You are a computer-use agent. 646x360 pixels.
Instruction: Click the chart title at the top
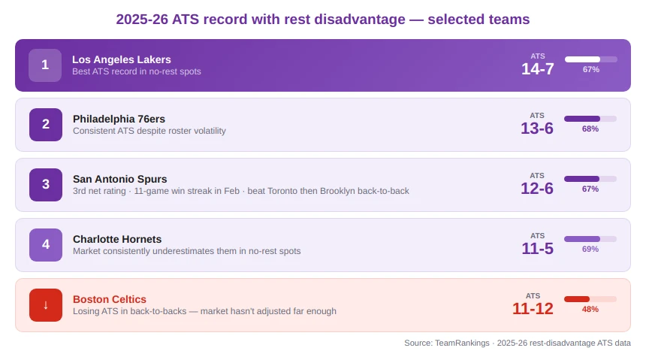(x=322, y=20)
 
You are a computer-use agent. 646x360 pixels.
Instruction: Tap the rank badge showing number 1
(x=45, y=65)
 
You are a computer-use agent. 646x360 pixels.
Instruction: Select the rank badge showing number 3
(x=46, y=185)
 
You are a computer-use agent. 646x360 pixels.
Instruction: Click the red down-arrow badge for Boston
(x=46, y=305)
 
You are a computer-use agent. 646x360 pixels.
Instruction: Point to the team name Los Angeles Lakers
(x=122, y=59)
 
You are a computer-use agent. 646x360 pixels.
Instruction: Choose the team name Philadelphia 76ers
(x=119, y=119)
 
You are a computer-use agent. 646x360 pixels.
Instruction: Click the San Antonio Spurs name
(x=120, y=179)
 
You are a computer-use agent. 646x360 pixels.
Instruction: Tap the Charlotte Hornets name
(x=117, y=239)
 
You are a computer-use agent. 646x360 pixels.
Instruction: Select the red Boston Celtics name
(x=110, y=299)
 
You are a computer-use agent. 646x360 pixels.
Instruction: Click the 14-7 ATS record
(x=538, y=69)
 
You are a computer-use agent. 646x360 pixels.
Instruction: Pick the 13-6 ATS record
(x=537, y=129)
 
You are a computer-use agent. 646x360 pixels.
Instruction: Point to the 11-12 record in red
(x=533, y=309)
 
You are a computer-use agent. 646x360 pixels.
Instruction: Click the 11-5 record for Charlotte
(x=538, y=249)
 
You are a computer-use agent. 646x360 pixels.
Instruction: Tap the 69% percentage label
(x=590, y=249)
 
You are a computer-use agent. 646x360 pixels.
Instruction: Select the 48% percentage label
(x=590, y=309)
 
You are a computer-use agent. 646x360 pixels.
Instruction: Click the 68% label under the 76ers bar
(x=590, y=129)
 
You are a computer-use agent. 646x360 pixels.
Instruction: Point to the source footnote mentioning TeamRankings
(x=518, y=343)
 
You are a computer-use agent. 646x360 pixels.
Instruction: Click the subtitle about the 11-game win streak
(x=241, y=191)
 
